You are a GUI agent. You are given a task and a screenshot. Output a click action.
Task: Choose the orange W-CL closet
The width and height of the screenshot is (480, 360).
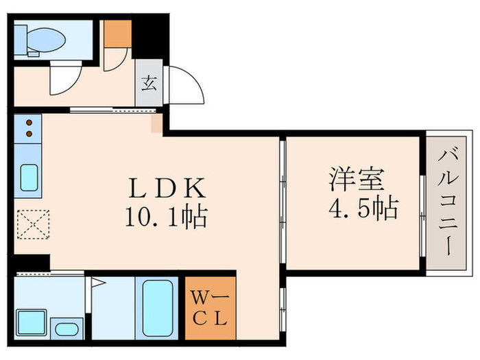(x=211, y=309)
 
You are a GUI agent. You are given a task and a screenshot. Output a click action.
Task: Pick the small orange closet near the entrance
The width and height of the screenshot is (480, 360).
(x=117, y=33)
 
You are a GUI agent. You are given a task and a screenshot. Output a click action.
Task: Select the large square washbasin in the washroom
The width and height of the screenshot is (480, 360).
(x=31, y=321)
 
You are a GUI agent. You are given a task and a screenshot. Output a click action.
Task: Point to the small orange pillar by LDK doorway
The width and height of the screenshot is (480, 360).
(x=156, y=123)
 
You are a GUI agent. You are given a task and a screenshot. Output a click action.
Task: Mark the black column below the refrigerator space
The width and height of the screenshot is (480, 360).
(x=32, y=262)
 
